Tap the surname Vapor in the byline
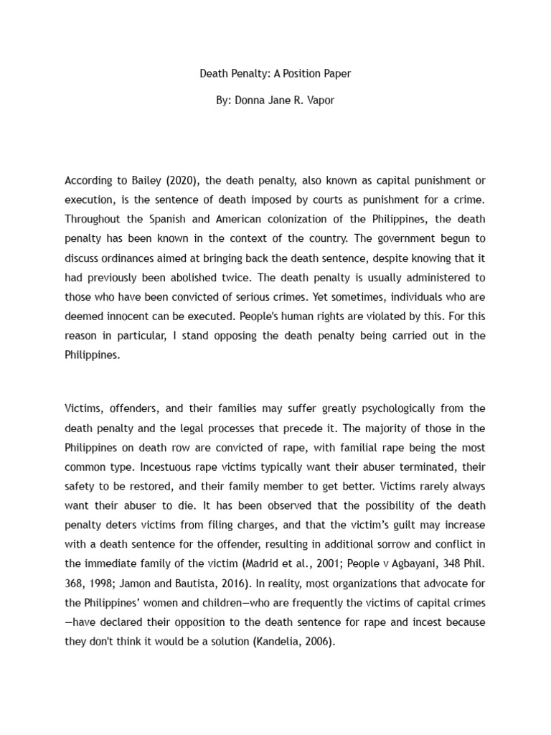(319, 100)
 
